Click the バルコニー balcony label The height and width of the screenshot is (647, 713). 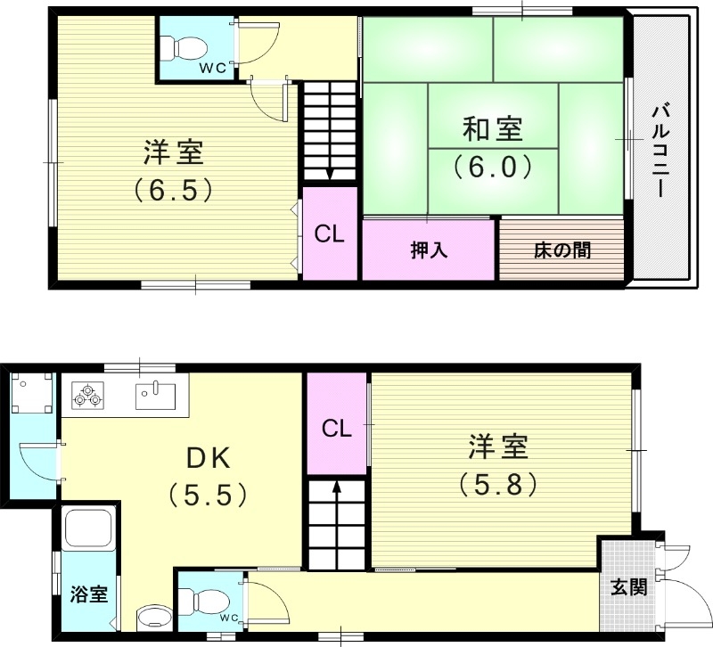660,151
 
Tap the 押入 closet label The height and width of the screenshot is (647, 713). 429,250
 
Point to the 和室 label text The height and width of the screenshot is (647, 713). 491,131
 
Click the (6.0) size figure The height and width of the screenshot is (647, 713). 491,167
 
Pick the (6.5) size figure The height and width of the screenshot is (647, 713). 174,189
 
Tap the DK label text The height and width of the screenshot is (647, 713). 209,458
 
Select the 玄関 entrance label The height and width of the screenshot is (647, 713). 628,587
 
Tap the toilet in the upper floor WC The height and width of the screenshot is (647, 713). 190,44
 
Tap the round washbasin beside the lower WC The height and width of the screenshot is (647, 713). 154,618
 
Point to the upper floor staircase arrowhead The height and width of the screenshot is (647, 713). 330,175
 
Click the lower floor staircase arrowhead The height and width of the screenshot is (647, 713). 337,487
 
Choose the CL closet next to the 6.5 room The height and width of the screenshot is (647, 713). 329,234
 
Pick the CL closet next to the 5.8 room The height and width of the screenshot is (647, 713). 336,429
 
